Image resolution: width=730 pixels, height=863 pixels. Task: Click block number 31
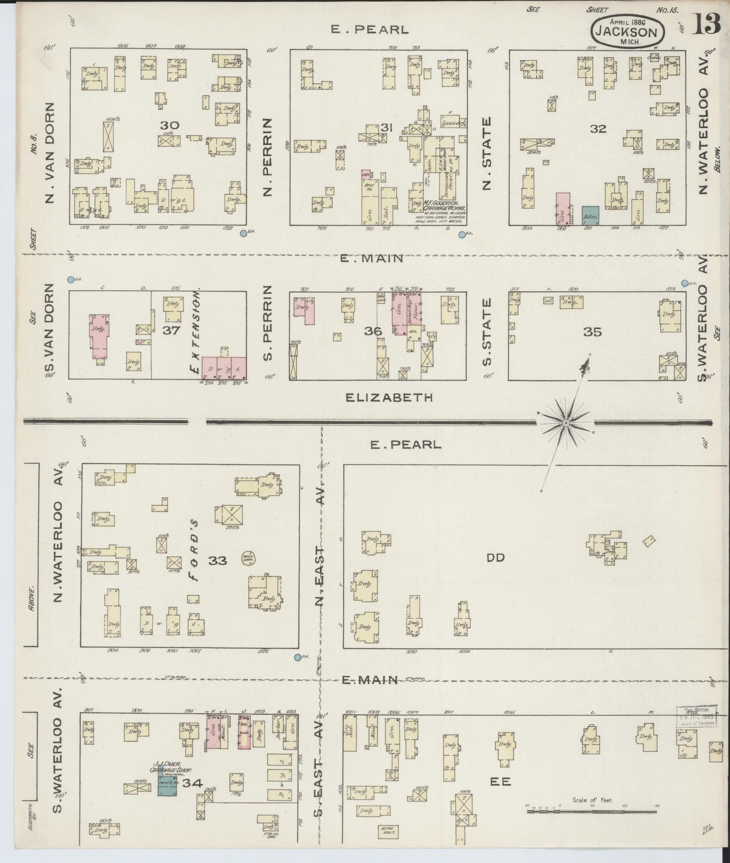point(386,128)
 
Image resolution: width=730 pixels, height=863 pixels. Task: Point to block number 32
point(598,129)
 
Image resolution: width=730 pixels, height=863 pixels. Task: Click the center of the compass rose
point(566,422)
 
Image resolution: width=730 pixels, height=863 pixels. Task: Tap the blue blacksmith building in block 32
point(590,215)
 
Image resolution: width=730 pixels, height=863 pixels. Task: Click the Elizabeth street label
point(389,398)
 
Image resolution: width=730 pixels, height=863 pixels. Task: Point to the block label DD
point(496,558)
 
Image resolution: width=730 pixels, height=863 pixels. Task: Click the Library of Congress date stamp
point(697,717)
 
